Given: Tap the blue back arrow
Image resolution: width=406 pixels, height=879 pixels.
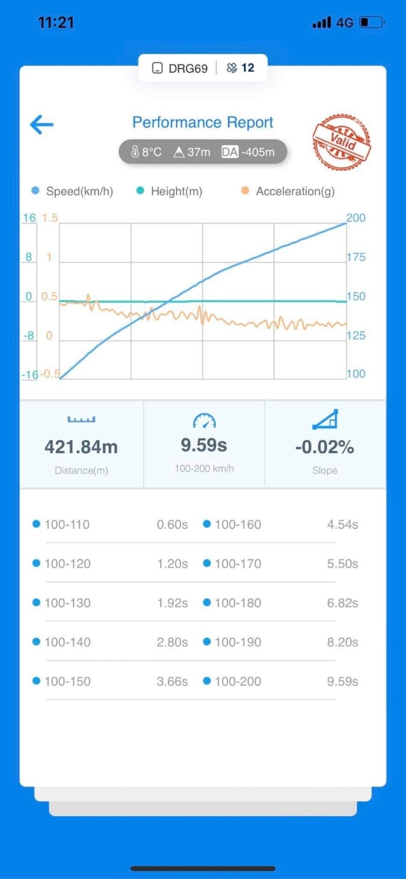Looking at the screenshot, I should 42,124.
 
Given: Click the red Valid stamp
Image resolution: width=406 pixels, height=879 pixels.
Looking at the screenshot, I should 342,142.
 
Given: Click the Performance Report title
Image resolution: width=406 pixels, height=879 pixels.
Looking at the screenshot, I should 203,122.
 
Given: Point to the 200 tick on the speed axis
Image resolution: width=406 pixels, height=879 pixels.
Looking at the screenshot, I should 356,218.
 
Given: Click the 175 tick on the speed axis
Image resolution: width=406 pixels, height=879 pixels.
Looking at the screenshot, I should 356,257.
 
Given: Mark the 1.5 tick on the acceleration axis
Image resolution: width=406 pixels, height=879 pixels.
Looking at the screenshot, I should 49,218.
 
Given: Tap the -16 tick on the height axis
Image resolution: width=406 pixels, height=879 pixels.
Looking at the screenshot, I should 30,375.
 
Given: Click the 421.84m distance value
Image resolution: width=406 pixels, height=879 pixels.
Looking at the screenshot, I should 81,447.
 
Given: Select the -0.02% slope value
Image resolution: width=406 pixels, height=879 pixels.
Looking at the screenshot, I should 324,447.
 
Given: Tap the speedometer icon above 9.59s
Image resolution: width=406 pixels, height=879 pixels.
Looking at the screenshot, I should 204,421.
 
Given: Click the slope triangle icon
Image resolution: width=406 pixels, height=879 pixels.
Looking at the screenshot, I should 325,419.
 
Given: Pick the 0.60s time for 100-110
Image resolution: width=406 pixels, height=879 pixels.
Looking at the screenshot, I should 172,524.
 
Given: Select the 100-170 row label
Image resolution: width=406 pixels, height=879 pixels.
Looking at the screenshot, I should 238,564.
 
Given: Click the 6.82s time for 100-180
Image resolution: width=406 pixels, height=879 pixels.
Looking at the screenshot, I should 342,603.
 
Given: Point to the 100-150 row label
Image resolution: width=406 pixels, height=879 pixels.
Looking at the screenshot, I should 67,682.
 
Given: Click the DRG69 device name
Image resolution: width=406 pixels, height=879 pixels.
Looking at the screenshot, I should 188,68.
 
